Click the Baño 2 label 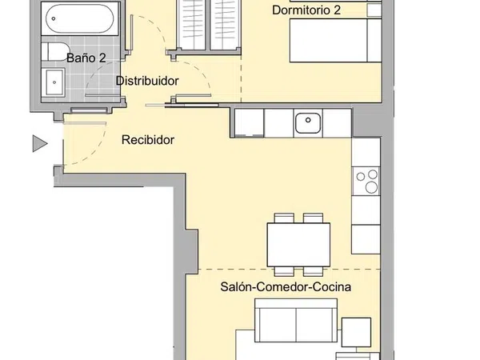[86, 58]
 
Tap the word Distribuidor [147, 81]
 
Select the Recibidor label [148, 140]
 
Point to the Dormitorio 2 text [306, 10]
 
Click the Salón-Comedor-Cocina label [286, 287]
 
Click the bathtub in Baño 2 [80, 18]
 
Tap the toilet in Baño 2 [55, 51]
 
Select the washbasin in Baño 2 [55, 82]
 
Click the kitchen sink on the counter [308, 122]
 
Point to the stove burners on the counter [366, 181]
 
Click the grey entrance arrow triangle [40, 143]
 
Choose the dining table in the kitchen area [298, 245]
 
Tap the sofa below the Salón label [296, 321]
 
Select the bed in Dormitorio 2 [335, 41]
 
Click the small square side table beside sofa [356, 332]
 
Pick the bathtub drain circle [54, 18]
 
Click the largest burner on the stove [372, 187]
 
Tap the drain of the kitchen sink [308, 120]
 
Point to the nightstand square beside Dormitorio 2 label [374, 10]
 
